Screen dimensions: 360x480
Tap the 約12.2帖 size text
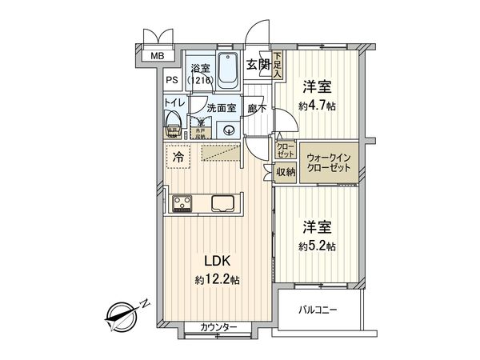(x=217, y=279)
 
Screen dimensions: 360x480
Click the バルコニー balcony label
(x=319, y=309)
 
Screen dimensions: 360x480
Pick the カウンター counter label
(x=218, y=328)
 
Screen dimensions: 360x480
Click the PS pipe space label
(x=172, y=80)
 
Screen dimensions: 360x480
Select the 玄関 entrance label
(x=256, y=65)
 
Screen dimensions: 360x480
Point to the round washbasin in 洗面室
(x=228, y=131)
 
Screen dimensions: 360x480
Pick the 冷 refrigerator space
(x=178, y=158)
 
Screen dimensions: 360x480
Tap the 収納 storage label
(x=286, y=171)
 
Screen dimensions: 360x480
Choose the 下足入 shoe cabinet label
(x=277, y=62)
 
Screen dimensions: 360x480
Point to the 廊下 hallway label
(x=256, y=107)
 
